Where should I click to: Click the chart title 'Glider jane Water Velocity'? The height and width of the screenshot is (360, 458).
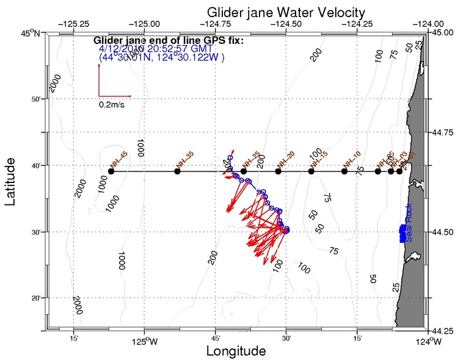(286, 12)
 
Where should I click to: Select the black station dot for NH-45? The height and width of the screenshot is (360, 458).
(111, 171)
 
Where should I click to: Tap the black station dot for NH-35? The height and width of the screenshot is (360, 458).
(177, 171)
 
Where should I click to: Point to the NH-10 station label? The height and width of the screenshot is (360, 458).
(352, 158)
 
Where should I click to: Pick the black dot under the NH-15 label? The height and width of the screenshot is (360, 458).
(311, 171)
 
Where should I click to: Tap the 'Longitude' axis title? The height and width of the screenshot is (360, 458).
(236, 351)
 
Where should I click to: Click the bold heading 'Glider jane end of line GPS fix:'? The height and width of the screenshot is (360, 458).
(169, 40)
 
